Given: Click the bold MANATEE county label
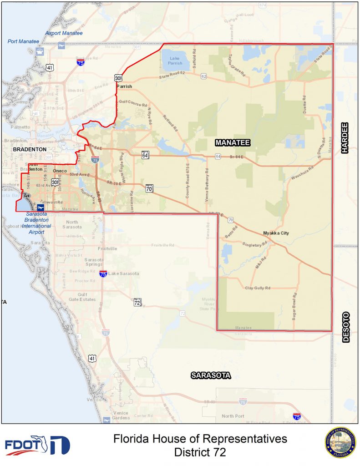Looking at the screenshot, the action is click(x=233, y=143).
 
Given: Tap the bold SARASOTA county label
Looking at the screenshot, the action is click(x=211, y=375).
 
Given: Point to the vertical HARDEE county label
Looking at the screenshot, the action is click(x=345, y=138).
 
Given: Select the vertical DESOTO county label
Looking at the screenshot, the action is click(x=345, y=327).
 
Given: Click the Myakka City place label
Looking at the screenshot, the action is click(x=276, y=233).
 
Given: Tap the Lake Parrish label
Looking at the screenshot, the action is click(x=175, y=61).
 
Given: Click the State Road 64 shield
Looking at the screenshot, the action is click(x=145, y=155).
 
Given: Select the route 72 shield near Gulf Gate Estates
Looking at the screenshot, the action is click(x=137, y=302).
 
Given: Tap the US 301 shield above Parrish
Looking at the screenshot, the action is click(x=118, y=78).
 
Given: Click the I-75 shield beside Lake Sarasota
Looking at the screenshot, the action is click(x=103, y=274).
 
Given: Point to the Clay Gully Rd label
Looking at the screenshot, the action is click(x=258, y=288).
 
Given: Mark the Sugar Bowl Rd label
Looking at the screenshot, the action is click(x=294, y=306).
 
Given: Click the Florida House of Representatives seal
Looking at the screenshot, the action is click(x=340, y=442).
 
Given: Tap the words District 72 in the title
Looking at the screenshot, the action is click(x=200, y=452).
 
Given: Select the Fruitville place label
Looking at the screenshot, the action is click(x=107, y=248).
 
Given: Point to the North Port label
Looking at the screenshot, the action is click(x=233, y=416).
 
